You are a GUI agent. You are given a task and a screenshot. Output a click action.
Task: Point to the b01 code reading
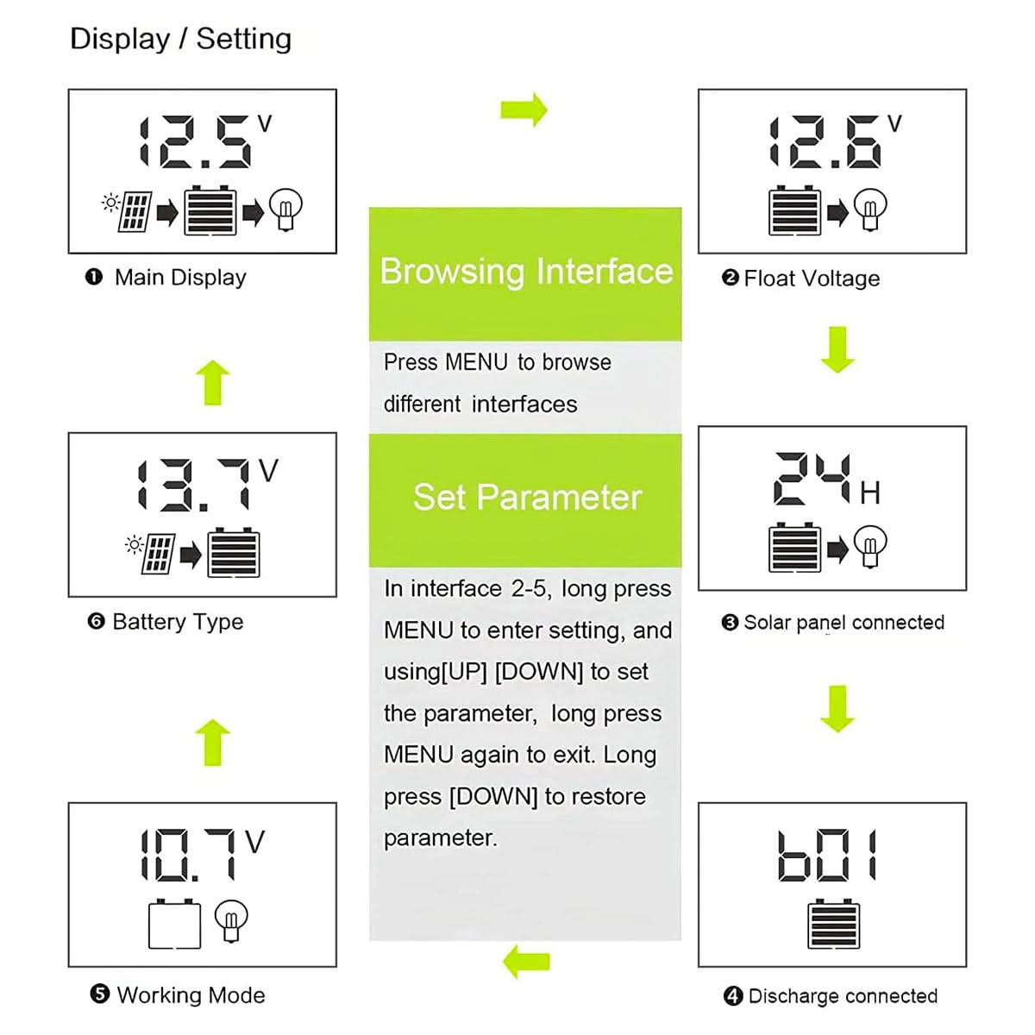[827, 856]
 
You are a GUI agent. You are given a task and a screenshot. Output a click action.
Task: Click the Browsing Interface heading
[526, 272]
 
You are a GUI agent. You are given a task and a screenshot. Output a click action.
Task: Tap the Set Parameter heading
[527, 498]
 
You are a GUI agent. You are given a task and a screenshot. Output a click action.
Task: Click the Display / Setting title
[180, 39]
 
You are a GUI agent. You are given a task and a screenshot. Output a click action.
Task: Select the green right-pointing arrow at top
[524, 110]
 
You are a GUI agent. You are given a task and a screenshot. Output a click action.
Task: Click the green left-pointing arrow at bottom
[526, 960]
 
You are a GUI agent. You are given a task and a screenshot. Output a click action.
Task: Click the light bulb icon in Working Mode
[231, 920]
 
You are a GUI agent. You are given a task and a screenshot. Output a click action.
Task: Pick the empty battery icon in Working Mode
[174, 925]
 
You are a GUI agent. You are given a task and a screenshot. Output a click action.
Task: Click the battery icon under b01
[834, 924]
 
